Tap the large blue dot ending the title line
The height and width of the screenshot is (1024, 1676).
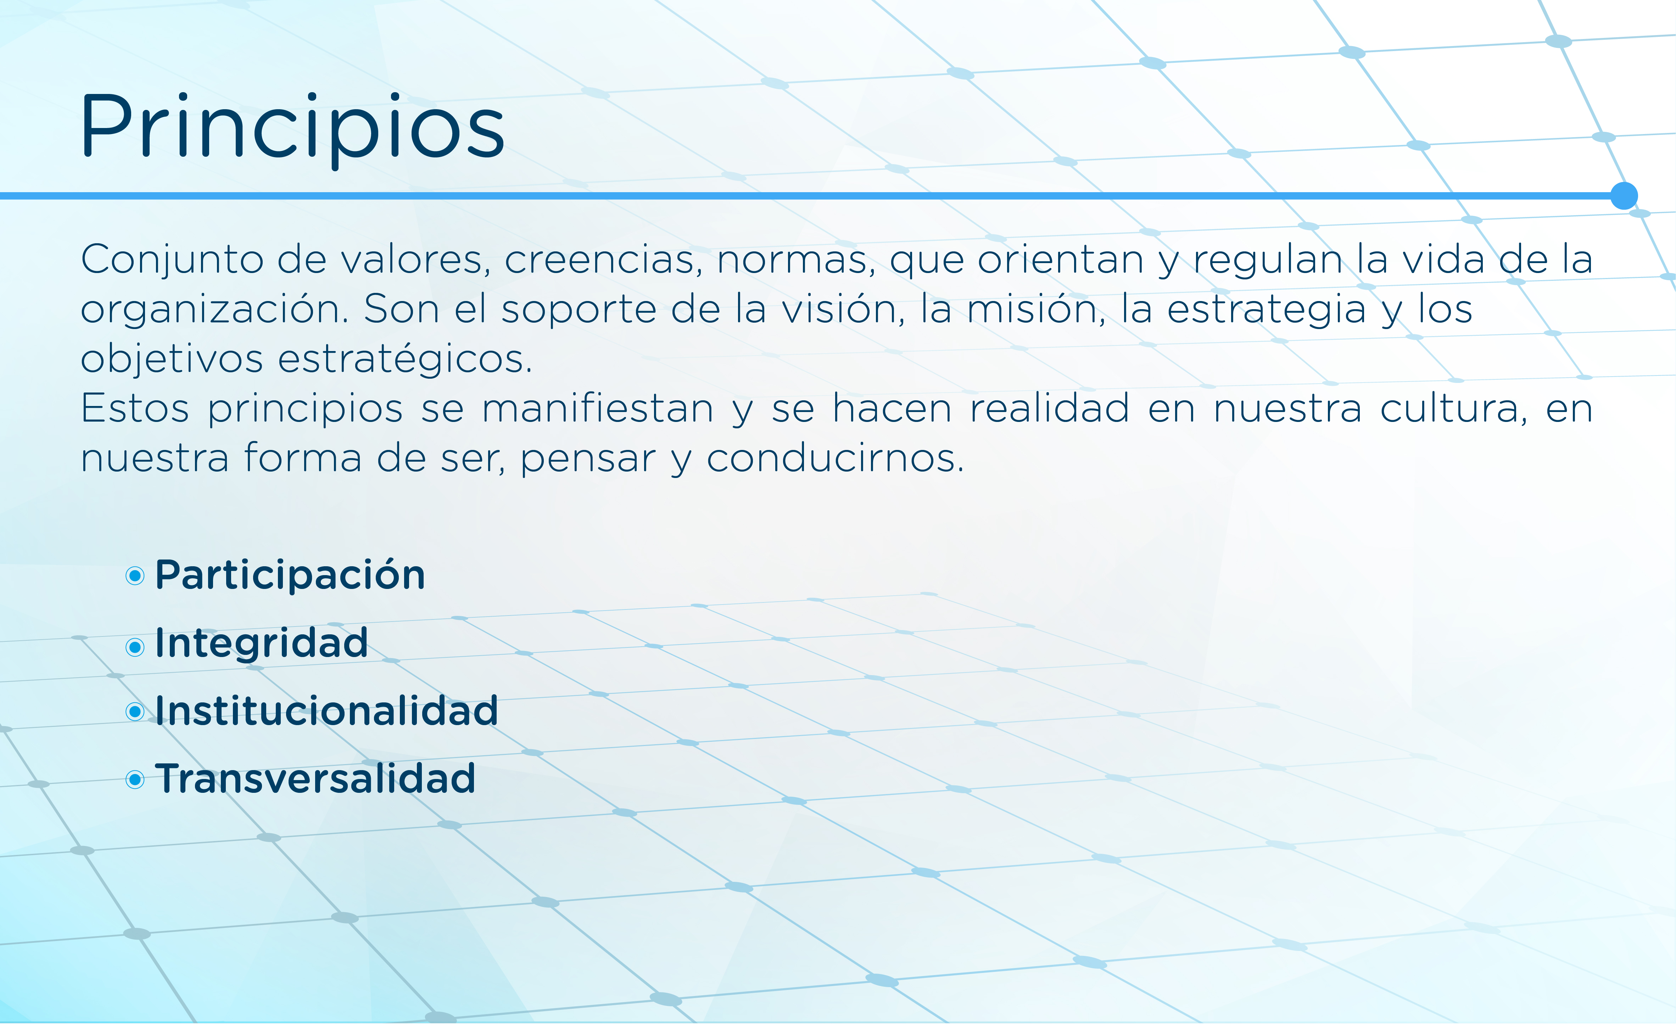(x=1624, y=196)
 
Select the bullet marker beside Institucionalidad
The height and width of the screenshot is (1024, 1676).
(x=135, y=712)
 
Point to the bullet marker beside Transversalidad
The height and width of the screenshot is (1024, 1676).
(x=135, y=780)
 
